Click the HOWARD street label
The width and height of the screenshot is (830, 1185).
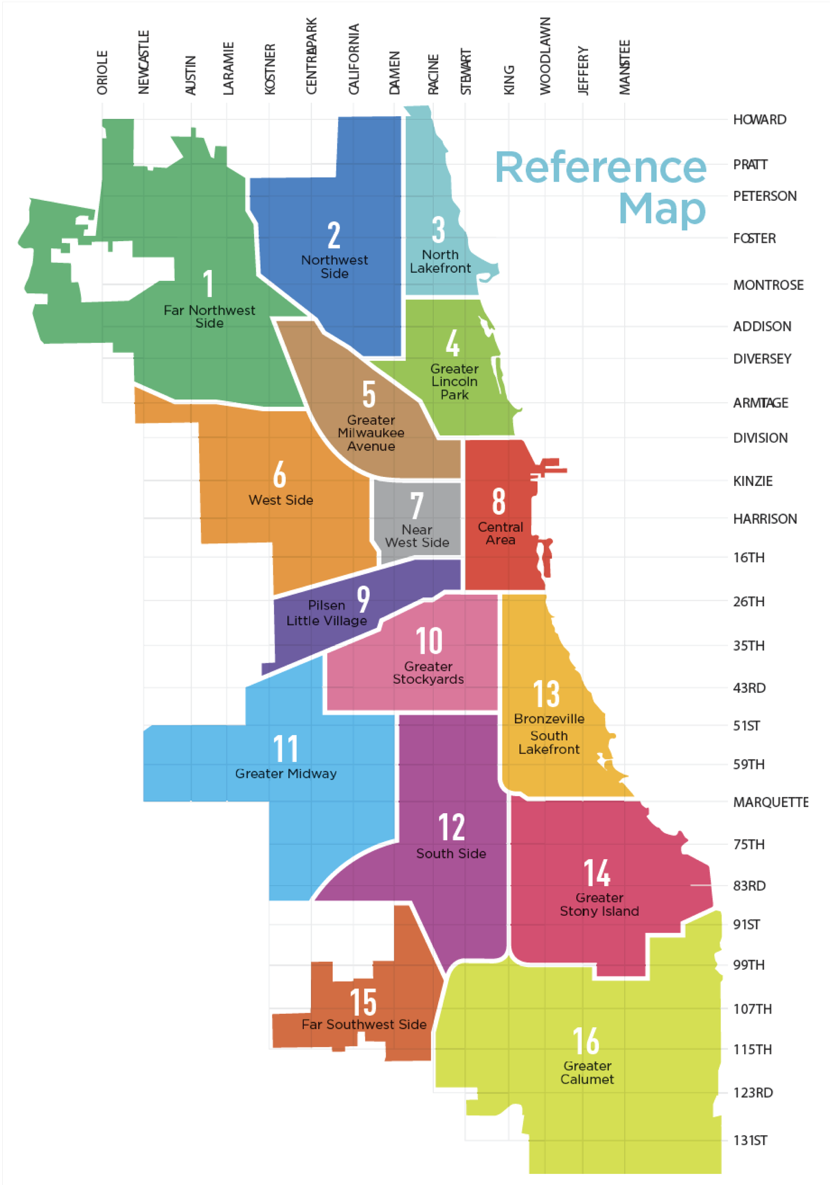point(759,119)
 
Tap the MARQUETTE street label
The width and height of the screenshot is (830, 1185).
point(770,802)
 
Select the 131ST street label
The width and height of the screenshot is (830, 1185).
point(750,1140)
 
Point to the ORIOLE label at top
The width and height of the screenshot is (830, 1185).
point(102,72)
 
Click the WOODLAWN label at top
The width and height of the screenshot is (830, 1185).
point(546,56)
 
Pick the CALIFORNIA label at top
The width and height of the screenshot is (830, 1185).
point(354,59)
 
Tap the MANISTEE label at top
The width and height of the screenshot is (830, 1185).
point(625,67)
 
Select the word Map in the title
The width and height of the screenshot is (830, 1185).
point(662,209)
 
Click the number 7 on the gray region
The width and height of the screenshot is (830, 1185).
point(417,505)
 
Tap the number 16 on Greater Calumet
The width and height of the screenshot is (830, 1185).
point(586,1041)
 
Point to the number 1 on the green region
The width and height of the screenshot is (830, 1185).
point(208,284)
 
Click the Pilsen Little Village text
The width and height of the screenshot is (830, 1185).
point(326,613)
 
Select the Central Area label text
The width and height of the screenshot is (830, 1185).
point(500,533)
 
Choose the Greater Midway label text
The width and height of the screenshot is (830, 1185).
point(286,773)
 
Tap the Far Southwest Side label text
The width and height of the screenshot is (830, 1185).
point(364,1025)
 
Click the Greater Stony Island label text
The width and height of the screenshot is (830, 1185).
point(599,905)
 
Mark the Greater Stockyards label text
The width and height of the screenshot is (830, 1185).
point(428,673)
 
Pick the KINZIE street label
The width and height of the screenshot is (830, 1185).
point(753,481)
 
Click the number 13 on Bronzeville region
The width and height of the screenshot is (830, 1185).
point(546,694)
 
